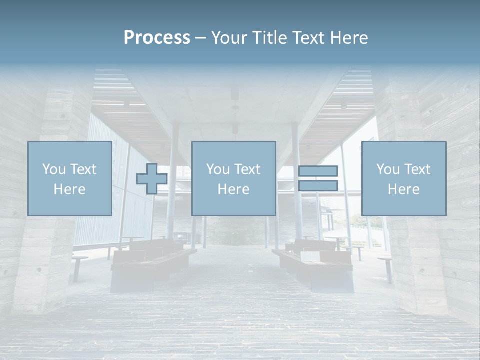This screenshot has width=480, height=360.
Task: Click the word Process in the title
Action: click(157, 38)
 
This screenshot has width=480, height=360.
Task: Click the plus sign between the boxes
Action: click(152, 179)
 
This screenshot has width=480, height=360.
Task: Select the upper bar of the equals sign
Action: click(318, 171)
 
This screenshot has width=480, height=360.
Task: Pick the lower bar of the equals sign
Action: click(318, 185)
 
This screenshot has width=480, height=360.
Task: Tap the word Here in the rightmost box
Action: click(404, 189)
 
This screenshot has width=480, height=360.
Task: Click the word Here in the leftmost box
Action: click(70, 189)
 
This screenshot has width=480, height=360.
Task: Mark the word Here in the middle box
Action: click(233, 189)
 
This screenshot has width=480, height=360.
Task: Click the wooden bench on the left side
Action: click(150, 260)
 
